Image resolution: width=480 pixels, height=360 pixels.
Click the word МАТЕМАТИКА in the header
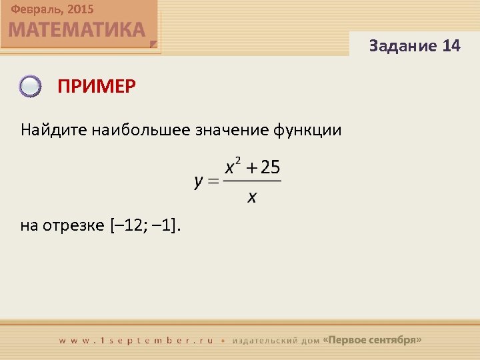77,30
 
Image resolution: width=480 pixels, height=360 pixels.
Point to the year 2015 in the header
80,9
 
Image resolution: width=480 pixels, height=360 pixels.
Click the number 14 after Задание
451,46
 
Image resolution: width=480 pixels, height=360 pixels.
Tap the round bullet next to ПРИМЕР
31,87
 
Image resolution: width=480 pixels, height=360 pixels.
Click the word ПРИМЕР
97,87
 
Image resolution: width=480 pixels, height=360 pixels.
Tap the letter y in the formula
199,182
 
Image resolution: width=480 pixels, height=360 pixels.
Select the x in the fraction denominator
252,197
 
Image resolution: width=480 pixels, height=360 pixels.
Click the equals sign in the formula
213,181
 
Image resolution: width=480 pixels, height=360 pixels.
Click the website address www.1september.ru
136,340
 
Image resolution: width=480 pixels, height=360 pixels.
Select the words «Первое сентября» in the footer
372,340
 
